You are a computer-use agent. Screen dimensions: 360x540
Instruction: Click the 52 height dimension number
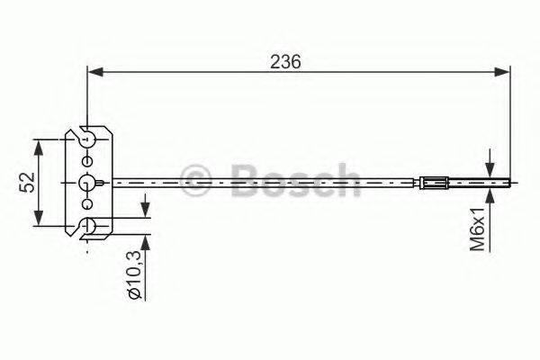pyautogui.click(x=26, y=182)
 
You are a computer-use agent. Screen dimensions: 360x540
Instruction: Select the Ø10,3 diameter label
pyautogui.click(x=134, y=280)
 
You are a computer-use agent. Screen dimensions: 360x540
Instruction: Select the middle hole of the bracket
pyautogui.click(x=86, y=183)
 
